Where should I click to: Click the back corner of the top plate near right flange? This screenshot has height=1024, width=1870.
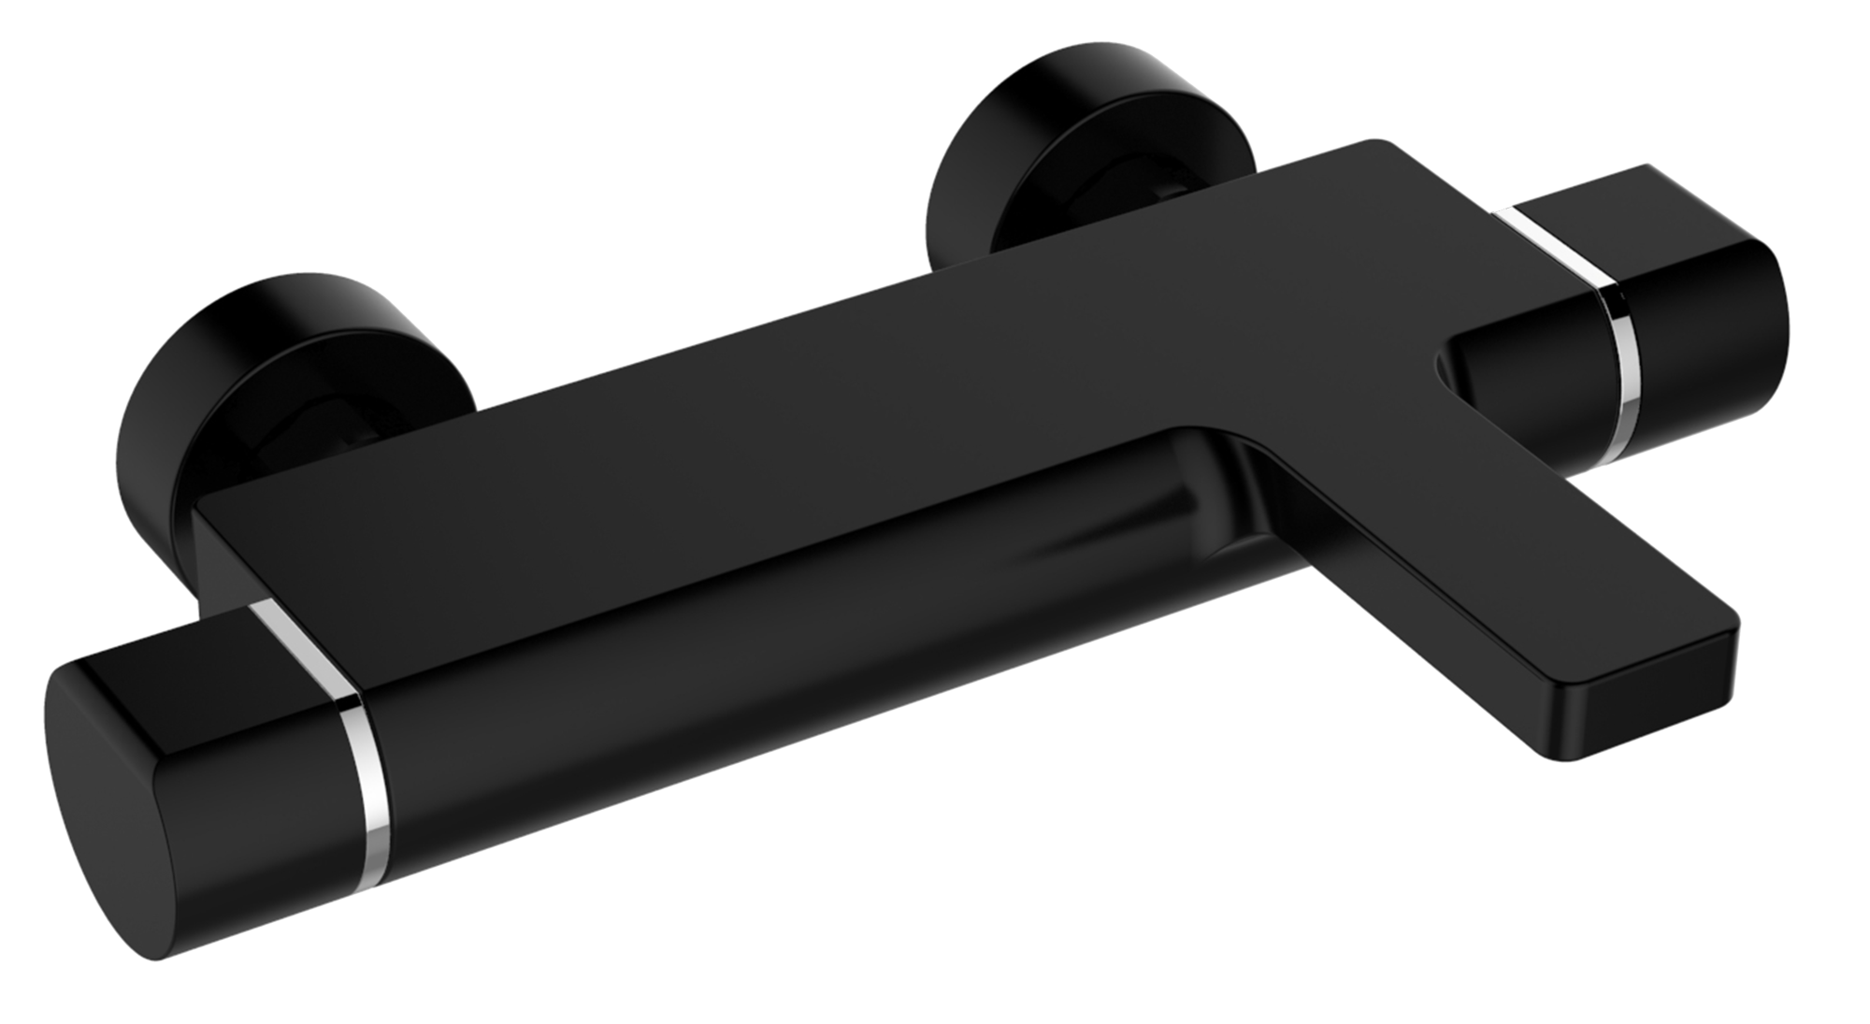(x=1374, y=145)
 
